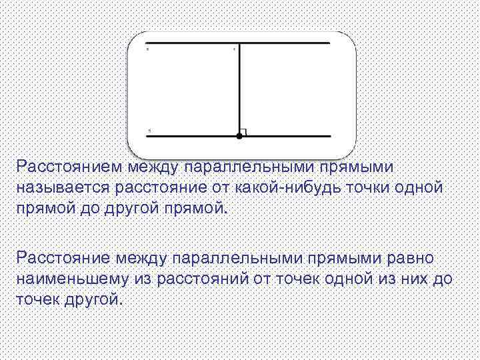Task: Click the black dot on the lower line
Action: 239,136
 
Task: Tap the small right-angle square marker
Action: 244,132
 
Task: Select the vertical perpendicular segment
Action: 239,90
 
